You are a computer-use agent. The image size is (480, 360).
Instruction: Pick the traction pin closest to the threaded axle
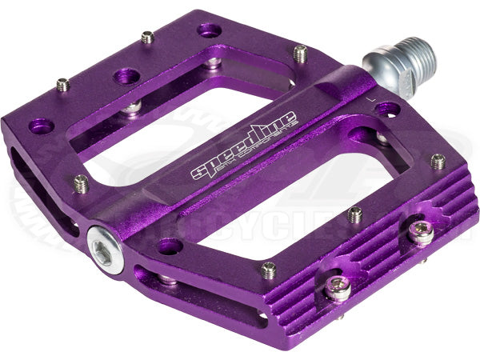(x=300, y=54)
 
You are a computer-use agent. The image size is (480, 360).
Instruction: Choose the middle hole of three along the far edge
(x=126, y=77)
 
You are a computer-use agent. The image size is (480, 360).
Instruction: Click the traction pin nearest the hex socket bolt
(x=80, y=184)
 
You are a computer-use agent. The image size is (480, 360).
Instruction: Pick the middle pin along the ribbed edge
(x=355, y=214)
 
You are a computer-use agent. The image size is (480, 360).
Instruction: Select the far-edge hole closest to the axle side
(x=210, y=30)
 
